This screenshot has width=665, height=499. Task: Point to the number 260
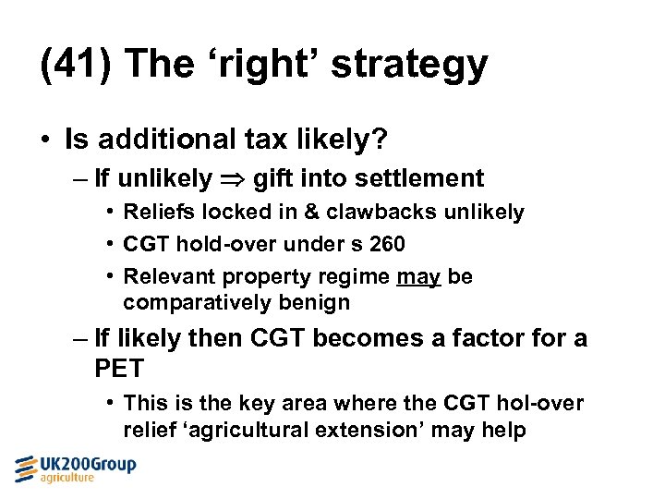[385, 245]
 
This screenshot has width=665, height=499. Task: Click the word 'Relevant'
[164, 277]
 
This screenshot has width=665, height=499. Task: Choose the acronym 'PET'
[119, 369]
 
